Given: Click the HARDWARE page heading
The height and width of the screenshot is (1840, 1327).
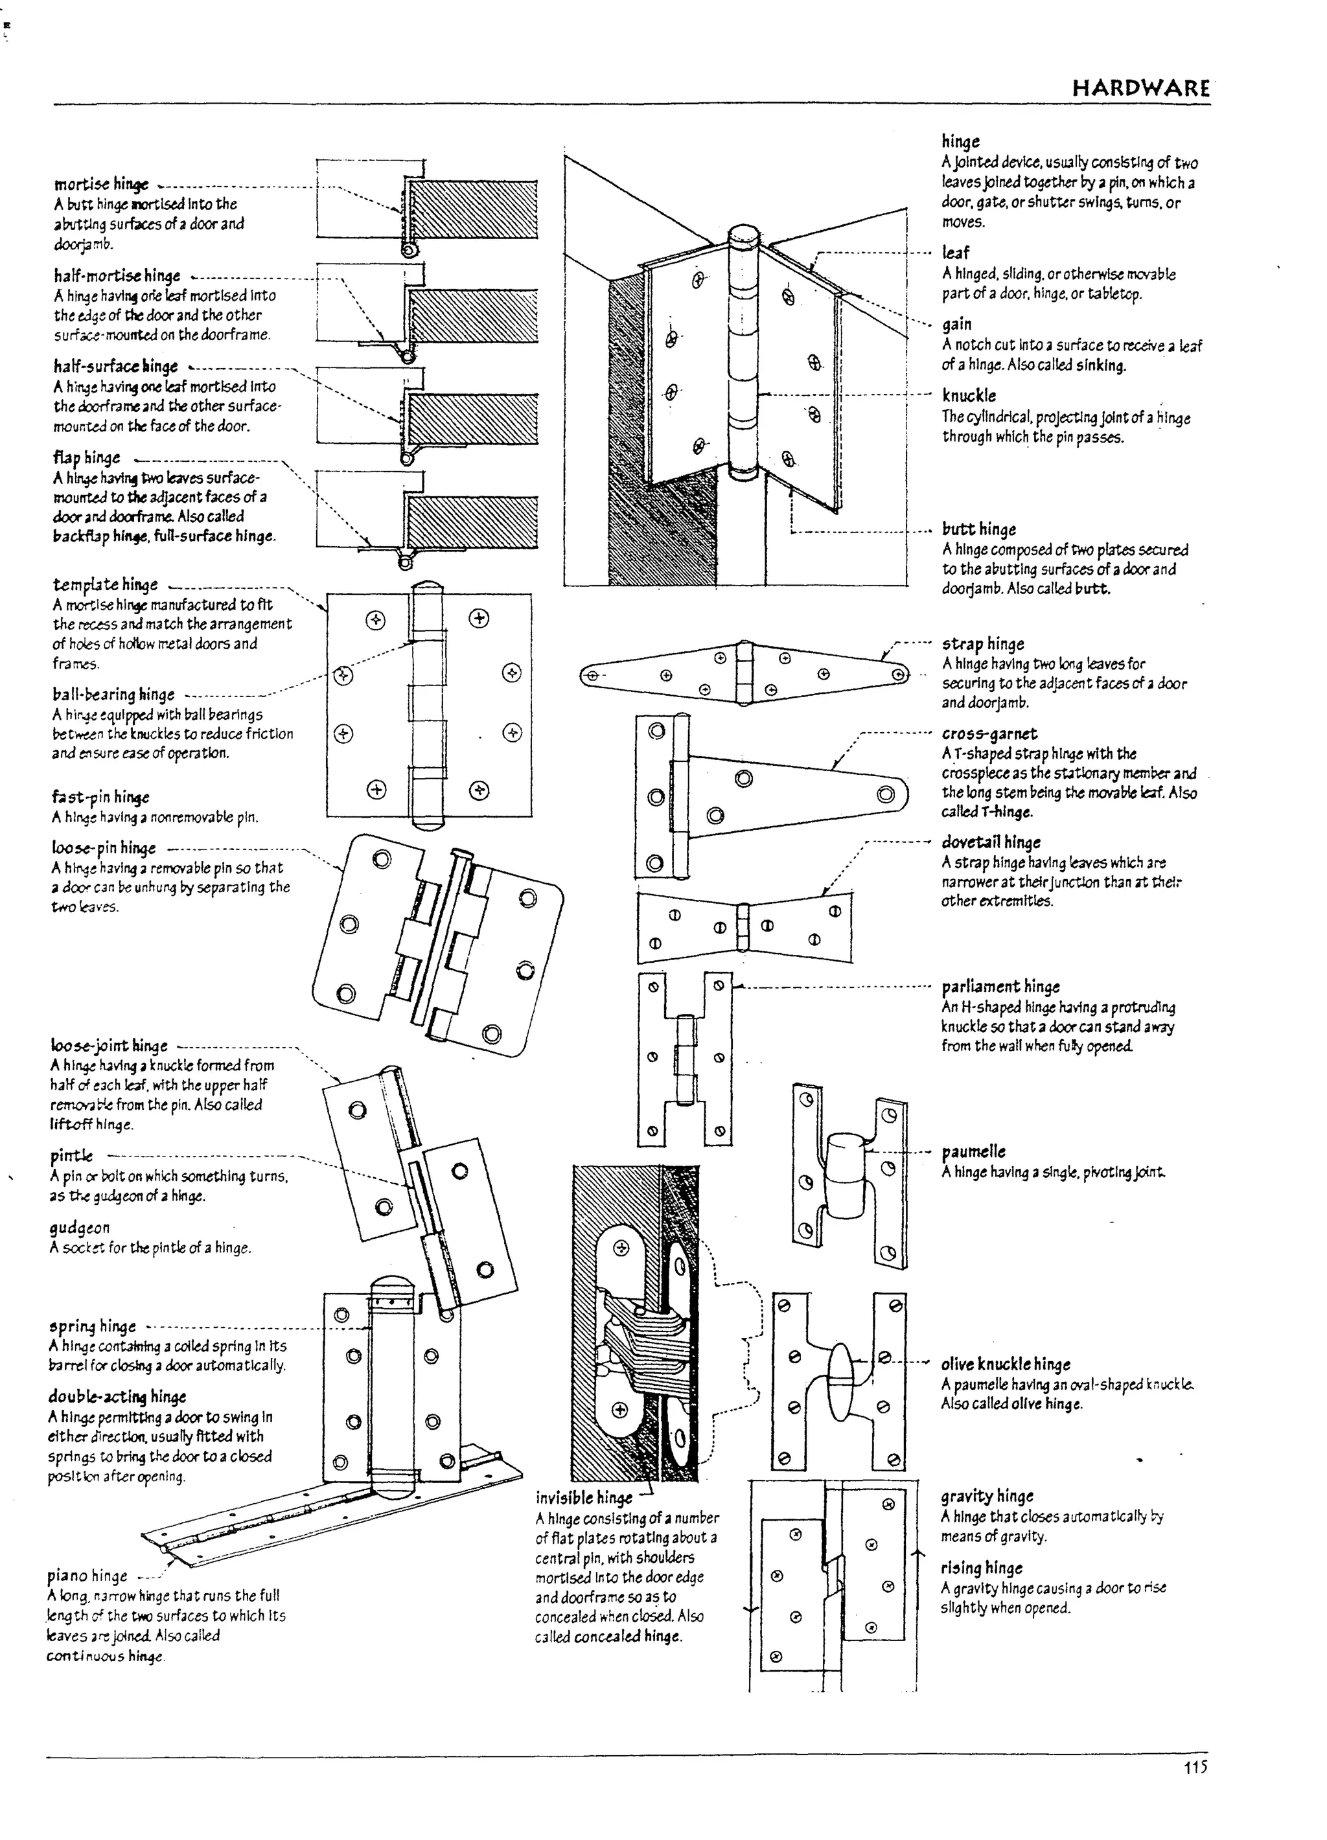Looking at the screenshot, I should click(1140, 87).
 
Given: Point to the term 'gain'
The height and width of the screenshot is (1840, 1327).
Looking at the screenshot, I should click(956, 325).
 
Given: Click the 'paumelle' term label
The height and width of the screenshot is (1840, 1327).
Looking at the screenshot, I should click(973, 1151).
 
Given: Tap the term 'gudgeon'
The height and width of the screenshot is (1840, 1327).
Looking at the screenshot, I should click(78, 1228).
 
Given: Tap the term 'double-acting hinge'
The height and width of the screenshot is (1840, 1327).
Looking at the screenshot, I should click(117, 1396).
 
